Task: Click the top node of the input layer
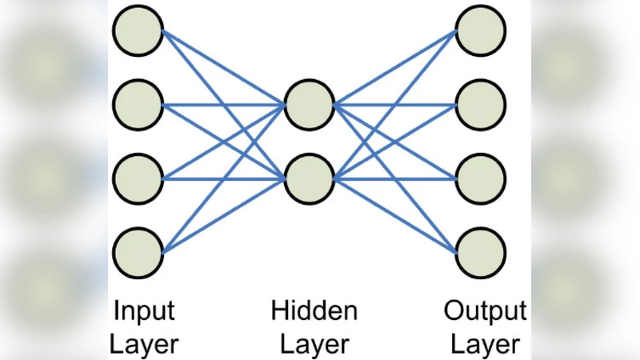coord(138,30)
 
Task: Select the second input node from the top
coord(138,104)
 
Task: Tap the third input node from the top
coord(138,178)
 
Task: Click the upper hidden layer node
coord(308,104)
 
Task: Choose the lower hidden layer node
coord(308,178)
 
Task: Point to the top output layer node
coord(481,30)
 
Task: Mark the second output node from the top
coord(481,104)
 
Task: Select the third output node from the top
coord(481,178)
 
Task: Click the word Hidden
coord(314,310)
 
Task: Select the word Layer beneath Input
coord(144,345)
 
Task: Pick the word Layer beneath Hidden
coord(314,345)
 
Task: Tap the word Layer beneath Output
coord(486,345)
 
